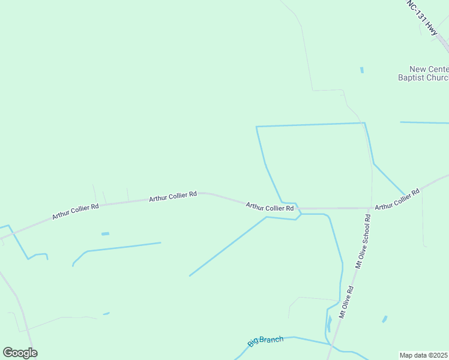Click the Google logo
(20, 353)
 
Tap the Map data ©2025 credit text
(424, 355)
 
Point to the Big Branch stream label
(265, 341)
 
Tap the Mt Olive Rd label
(346, 302)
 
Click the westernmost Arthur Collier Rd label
(75, 211)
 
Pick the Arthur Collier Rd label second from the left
(173, 196)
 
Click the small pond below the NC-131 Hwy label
(362, 70)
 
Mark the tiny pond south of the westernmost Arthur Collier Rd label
(106, 233)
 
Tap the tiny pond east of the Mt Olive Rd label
(384, 319)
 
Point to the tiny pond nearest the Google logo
(106, 313)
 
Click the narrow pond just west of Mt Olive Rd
(330, 324)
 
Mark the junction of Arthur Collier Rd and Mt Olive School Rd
(372, 208)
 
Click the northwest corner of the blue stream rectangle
(256, 127)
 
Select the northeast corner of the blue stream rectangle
(364, 123)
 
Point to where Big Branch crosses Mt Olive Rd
(331, 344)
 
